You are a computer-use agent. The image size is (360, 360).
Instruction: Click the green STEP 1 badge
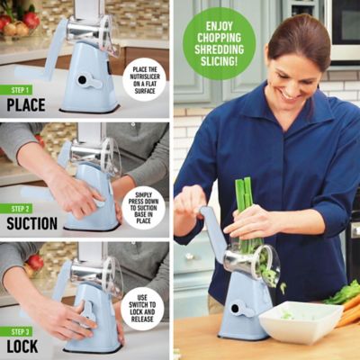21,89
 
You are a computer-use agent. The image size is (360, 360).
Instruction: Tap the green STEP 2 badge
21,208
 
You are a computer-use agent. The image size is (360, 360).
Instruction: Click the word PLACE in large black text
26,104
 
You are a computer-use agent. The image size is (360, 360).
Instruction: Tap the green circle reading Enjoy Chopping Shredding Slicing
219,43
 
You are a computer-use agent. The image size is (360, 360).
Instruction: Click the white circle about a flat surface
144,79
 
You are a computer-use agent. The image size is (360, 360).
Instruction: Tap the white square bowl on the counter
300,320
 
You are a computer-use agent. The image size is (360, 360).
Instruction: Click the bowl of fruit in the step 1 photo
15,26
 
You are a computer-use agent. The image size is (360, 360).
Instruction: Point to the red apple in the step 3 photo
35,262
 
